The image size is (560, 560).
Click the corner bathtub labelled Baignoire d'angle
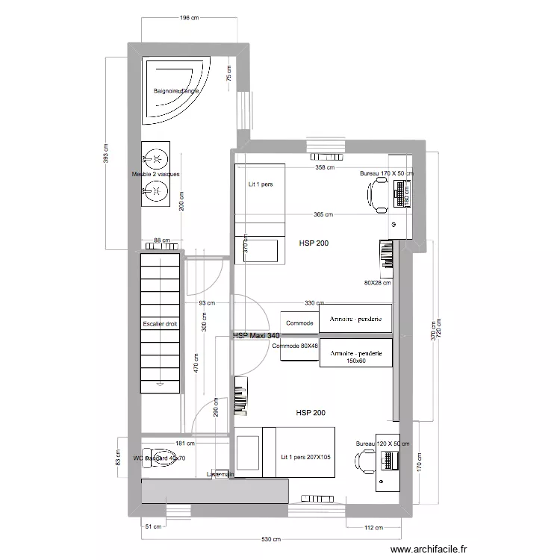[176, 91]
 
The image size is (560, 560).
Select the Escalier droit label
[161, 324]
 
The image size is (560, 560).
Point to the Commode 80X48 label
[295, 346]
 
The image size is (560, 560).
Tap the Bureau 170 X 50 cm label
[386, 173]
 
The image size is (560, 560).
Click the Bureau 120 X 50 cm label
[382, 444]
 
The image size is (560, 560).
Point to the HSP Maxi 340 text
[256, 337]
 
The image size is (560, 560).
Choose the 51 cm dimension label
[152, 527]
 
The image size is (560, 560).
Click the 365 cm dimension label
[323, 215]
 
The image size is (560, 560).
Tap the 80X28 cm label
[377, 282]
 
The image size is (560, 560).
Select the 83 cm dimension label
[117, 455]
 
